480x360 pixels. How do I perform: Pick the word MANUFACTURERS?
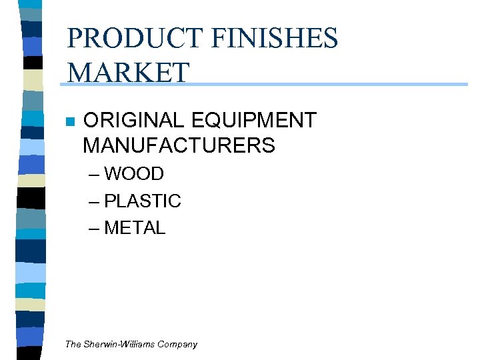click(x=179, y=145)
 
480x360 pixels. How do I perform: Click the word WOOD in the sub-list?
click(x=134, y=174)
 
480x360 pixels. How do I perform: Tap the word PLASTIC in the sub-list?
click(x=143, y=201)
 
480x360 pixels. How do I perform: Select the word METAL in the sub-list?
click(x=135, y=228)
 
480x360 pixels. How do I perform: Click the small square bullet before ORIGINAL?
click(x=69, y=122)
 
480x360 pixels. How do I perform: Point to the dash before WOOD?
click(x=94, y=175)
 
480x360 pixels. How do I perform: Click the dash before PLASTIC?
click(x=94, y=201)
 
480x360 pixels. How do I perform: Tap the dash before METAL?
click(x=94, y=229)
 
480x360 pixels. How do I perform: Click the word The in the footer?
click(x=73, y=345)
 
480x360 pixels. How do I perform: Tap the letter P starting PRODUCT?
click(x=75, y=39)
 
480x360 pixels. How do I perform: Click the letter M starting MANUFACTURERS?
click(x=92, y=145)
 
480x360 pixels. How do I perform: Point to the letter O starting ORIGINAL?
click(x=91, y=121)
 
